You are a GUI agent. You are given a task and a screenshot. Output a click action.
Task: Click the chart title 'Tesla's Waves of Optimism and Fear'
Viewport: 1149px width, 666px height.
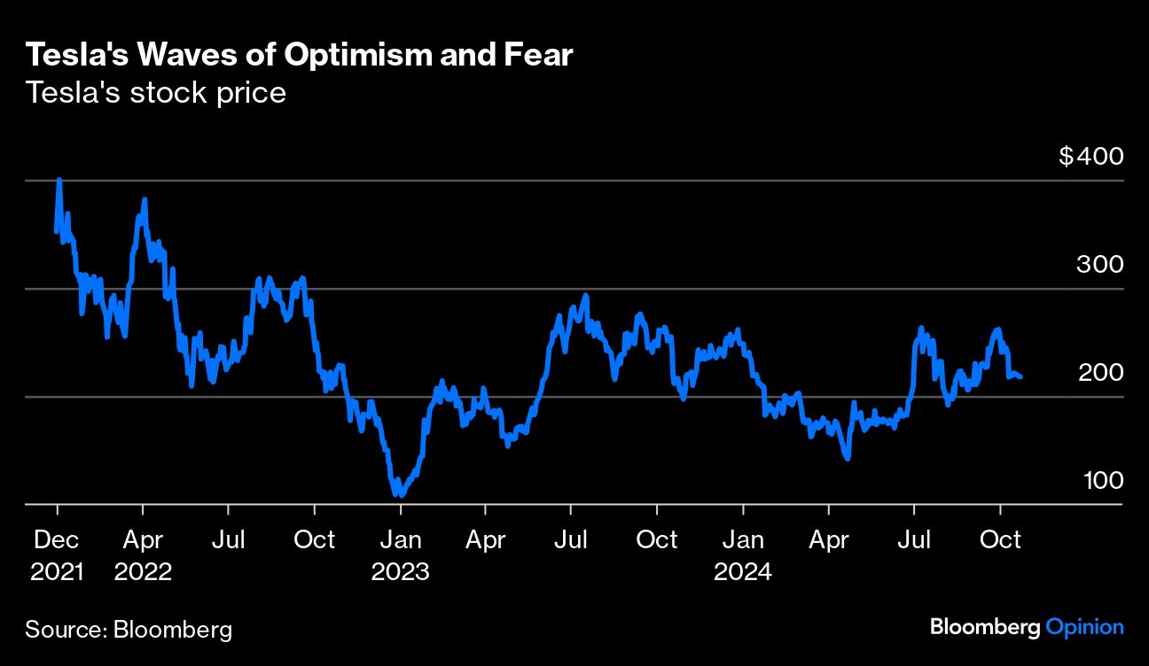300,56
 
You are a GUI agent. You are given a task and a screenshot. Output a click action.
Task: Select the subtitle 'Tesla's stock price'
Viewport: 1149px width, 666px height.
156,92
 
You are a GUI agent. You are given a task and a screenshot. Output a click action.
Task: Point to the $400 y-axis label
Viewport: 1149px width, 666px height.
1090,157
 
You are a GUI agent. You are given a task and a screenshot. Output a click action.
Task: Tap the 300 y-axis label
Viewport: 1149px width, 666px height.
1099,264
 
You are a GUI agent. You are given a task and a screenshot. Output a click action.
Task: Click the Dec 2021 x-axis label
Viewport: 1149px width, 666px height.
57,554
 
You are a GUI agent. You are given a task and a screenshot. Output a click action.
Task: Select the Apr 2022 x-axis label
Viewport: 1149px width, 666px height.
143,554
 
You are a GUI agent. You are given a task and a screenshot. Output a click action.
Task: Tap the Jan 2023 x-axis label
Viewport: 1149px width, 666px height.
400,554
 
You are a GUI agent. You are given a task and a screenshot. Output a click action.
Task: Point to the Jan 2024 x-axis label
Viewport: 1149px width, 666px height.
743,554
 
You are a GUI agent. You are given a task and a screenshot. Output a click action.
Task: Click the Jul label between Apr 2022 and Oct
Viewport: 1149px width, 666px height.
229,539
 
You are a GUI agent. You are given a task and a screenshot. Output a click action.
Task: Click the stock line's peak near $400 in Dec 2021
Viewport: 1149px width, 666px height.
59,180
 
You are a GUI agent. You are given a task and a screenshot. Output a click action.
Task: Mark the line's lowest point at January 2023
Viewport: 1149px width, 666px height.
398,494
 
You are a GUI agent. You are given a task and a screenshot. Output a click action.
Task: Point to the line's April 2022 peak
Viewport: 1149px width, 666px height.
144,200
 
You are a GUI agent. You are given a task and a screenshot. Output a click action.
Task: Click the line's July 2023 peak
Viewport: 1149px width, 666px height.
585,296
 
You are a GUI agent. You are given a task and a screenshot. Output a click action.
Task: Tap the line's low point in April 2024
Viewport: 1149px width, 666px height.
848,458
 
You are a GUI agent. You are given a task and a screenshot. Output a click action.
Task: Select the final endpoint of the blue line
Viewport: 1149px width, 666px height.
1020,377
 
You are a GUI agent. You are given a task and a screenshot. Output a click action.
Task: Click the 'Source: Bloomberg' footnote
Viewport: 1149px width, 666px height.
129,630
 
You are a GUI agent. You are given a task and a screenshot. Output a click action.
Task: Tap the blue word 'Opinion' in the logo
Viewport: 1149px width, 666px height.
1084,627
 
